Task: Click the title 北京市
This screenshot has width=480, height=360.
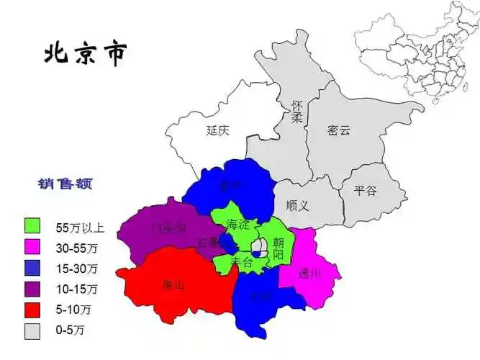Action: point(86,53)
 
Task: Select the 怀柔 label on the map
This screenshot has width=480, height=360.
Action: point(296,112)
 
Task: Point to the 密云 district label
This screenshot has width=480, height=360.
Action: point(338,130)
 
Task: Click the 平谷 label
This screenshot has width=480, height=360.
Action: point(365,191)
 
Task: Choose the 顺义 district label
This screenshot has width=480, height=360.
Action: point(296,206)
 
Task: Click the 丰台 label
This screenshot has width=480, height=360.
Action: point(241,264)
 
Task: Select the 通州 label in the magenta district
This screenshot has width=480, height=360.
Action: point(309,273)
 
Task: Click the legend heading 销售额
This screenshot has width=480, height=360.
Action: point(65,184)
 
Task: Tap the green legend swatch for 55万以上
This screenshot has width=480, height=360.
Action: point(32,228)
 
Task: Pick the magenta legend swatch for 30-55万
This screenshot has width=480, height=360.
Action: point(32,248)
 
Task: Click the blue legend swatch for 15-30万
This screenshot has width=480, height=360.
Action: point(32,269)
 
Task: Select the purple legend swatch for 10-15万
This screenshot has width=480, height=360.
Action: point(32,289)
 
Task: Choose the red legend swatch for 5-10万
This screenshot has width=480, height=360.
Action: point(32,310)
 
